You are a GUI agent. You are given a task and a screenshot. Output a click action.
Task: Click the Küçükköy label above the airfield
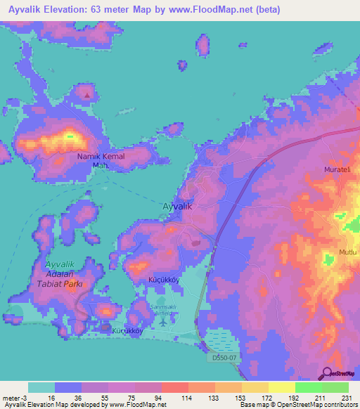click(165, 280)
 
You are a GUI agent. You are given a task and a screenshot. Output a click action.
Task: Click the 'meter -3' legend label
click(14, 398)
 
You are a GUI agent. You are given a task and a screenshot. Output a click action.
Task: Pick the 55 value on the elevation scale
click(94, 398)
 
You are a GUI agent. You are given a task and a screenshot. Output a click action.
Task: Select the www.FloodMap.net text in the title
click(211, 10)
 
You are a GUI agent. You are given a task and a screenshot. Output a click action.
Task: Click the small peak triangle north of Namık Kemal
click(87, 93)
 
